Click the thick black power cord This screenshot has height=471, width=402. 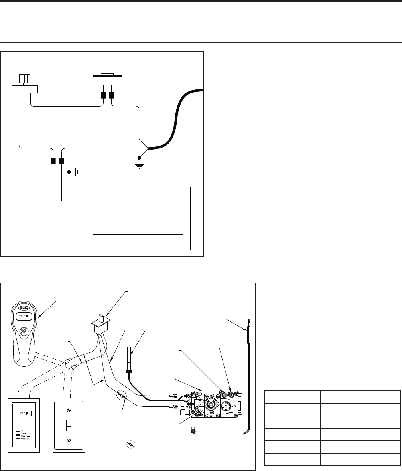175,120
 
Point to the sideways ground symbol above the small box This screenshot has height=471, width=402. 75,172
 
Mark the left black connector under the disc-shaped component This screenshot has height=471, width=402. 103,96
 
